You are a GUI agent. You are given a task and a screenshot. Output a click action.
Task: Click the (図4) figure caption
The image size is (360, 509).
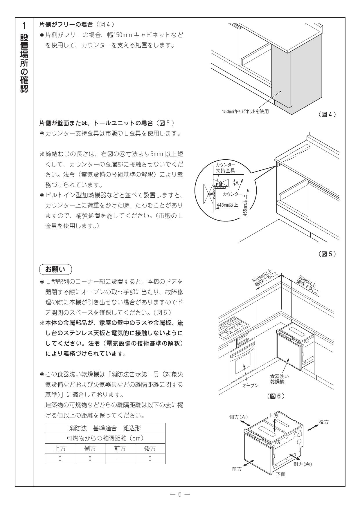point(327,114)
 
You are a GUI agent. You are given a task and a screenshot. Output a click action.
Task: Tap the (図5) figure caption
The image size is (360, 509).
point(327,254)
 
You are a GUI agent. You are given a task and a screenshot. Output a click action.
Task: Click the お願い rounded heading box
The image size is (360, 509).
point(55,269)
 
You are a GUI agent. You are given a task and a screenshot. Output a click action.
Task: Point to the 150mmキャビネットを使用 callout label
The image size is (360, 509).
point(245,112)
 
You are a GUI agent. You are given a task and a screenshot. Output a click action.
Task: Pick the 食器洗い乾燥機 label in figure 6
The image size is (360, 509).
point(277,379)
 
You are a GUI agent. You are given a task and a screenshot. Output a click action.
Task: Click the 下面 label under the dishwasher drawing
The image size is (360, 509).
point(280,474)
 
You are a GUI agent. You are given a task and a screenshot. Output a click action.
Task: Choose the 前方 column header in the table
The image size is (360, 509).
point(120,448)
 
